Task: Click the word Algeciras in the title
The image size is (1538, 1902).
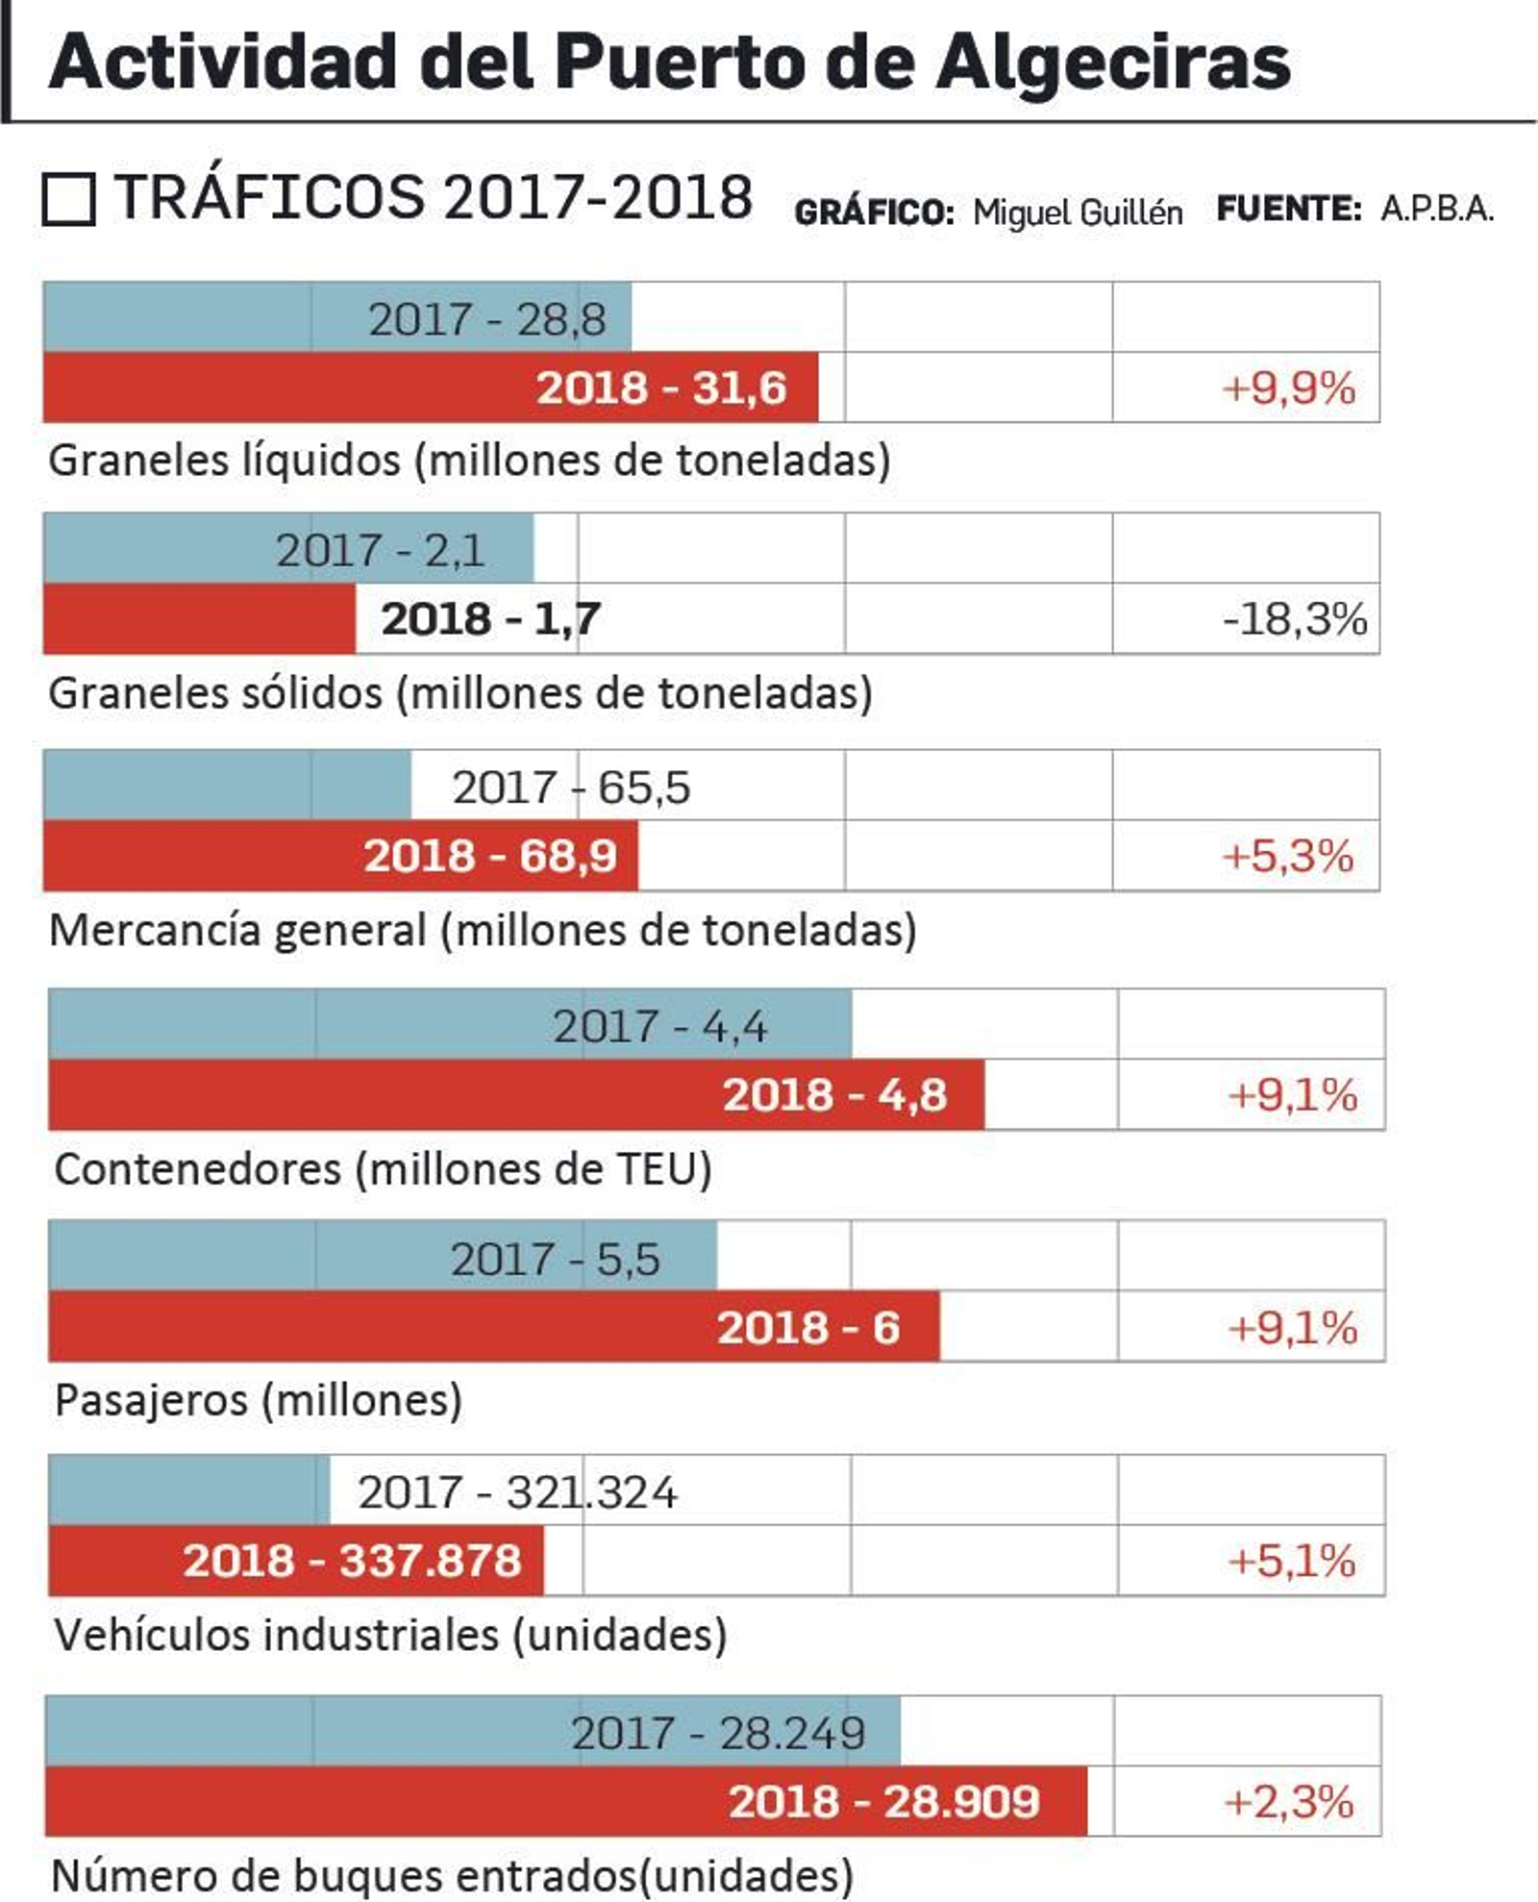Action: click(x=1112, y=63)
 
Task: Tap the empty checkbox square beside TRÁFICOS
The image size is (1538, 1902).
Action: click(x=68, y=199)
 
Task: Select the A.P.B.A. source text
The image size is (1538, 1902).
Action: click(x=1437, y=209)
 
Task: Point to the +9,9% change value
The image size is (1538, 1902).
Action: click(x=1287, y=388)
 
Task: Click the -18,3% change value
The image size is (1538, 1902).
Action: click(x=1294, y=619)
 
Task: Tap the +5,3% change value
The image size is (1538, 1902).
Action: click(x=1287, y=856)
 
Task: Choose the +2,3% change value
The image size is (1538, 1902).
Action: click(x=1288, y=1802)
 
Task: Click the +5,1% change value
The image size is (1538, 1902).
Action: click(x=1291, y=1561)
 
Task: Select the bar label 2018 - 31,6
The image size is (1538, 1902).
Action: click(x=661, y=388)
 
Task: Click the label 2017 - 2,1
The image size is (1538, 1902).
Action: click(x=381, y=551)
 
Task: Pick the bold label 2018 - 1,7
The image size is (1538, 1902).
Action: click(x=490, y=619)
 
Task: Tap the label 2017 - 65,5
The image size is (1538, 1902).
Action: click(x=571, y=788)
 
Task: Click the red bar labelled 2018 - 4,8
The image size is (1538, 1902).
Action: click(x=516, y=1095)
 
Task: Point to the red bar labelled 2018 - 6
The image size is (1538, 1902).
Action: click(x=494, y=1328)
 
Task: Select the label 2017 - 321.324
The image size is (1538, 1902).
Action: click(x=517, y=1492)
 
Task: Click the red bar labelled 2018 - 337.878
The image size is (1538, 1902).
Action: click(x=296, y=1561)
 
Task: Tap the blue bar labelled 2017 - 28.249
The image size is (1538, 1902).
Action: click(x=473, y=1733)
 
